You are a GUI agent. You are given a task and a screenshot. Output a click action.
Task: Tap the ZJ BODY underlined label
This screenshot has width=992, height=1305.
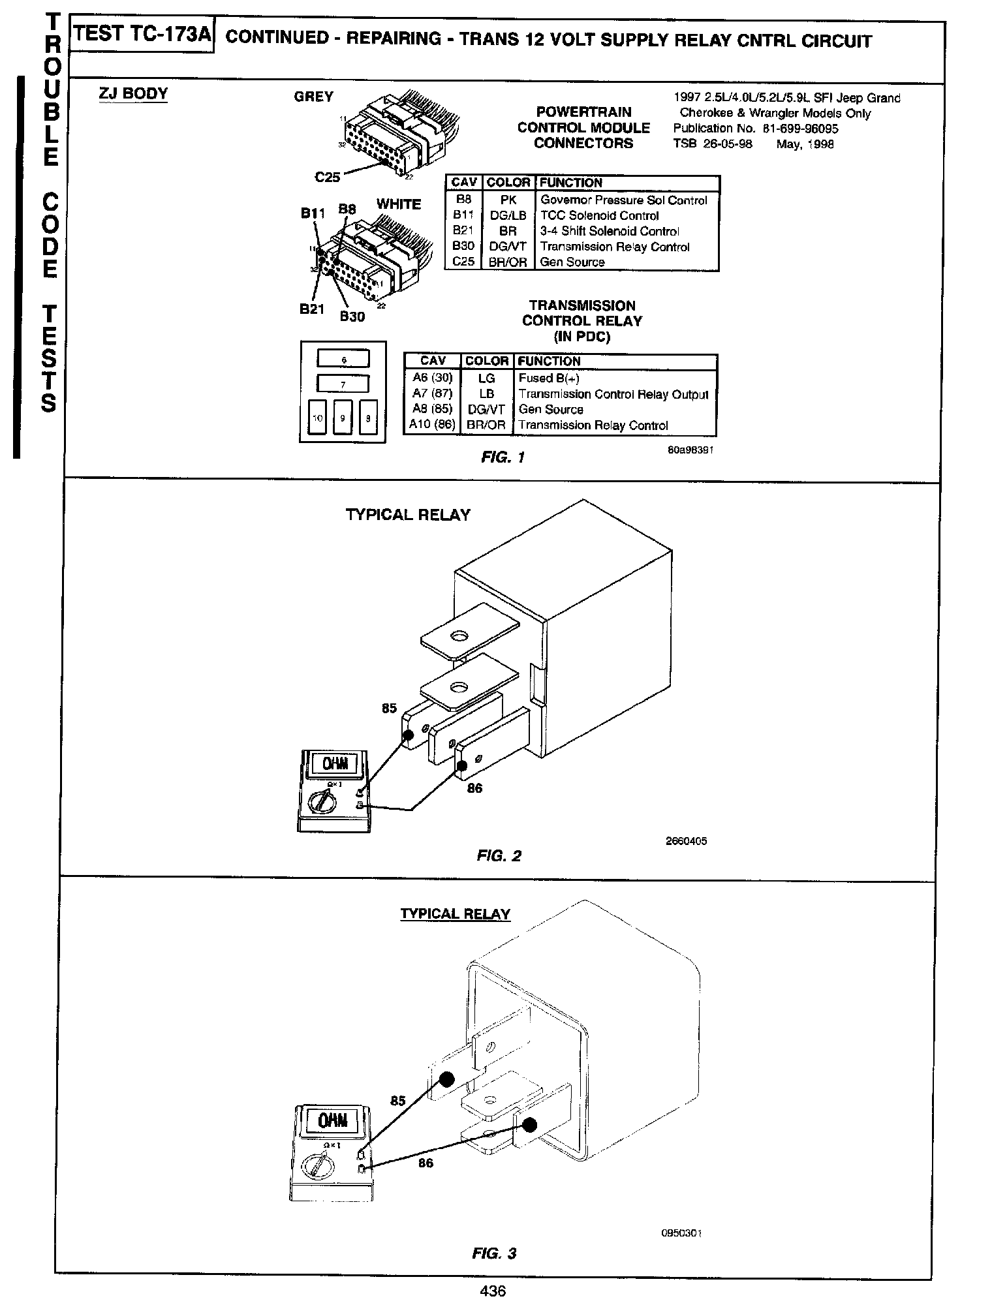(132, 93)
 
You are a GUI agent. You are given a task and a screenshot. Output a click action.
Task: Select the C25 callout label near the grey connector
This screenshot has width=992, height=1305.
(328, 176)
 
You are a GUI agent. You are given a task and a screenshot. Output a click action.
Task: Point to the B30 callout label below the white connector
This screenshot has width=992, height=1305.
(352, 316)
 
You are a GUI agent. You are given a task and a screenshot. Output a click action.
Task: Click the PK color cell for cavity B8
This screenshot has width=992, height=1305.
(508, 200)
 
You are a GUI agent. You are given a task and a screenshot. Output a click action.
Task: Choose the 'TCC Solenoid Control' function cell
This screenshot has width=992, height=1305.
(600, 216)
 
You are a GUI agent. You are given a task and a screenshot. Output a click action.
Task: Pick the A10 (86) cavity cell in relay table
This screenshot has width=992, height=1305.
(432, 425)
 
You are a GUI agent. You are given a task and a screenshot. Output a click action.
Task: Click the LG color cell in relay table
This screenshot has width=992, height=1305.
(487, 378)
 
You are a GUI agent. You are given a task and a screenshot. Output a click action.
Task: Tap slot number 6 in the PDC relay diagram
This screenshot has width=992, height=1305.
(343, 360)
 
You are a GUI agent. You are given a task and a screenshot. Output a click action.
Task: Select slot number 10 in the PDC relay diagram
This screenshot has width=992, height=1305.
(317, 418)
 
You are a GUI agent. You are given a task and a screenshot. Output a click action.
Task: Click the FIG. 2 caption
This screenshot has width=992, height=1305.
(499, 855)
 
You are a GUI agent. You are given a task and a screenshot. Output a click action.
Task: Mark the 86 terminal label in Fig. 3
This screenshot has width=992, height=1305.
(425, 1163)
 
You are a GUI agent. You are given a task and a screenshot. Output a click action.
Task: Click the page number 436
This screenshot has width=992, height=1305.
(493, 1290)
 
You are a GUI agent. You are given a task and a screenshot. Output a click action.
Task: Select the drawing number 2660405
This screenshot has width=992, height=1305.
(686, 841)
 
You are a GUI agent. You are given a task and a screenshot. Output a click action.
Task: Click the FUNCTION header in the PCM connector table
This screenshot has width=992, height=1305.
(570, 183)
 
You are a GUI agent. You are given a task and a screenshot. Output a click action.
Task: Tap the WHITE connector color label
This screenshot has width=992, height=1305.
(398, 204)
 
